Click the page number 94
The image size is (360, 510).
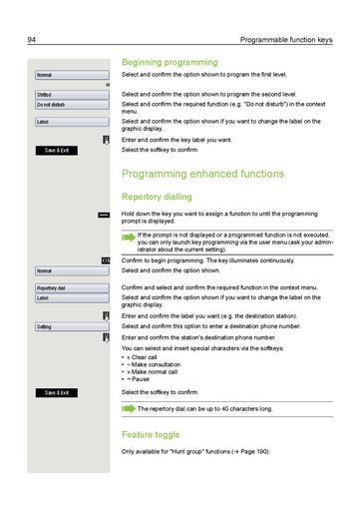pyautogui.click(x=33, y=40)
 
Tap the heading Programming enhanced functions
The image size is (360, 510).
pyautogui.click(x=202, y=174)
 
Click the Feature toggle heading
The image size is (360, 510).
pyautogui.click(x=151, y=435)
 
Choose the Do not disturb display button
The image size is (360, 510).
pyautogui.click(x=69, y=105)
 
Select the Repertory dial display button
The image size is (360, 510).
pyautogui.click(x=69, y=287)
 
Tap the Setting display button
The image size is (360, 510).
pyautogui.click(x=69, y=326)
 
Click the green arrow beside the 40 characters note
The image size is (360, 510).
pyautogui.click(x=129, y=408)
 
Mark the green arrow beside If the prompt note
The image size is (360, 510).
pyautogui.click(x=128, y=238)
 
